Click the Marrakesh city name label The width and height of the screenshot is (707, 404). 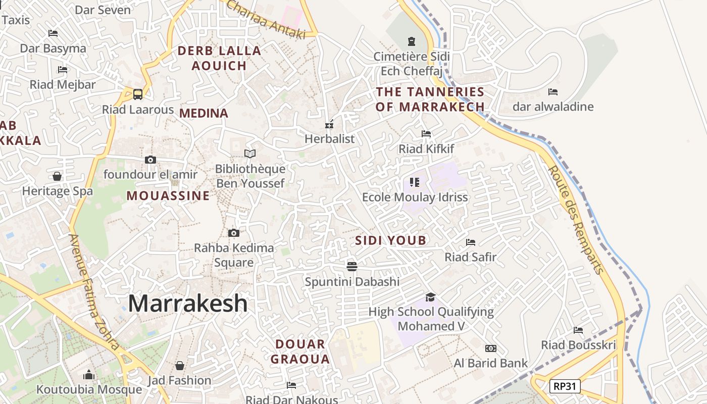(x=188, y=303)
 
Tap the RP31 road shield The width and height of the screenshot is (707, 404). (x=565, y=387)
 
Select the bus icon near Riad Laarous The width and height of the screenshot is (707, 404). (x=137, y=94)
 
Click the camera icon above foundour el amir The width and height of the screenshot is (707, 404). (x=150, y=160)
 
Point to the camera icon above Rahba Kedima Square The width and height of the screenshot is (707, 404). (x=233, y=233)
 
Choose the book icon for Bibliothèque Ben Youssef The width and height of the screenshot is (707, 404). (x=250, y=154)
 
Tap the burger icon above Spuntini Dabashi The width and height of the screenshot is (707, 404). (x=352, y=266)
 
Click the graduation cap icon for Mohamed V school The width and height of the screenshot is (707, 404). (x=430, y=297)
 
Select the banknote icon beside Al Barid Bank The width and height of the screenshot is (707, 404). (x=490, y=348)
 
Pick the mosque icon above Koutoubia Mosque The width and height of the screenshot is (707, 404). (x=89, y=375)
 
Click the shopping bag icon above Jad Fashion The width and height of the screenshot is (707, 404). (x=179, y=365)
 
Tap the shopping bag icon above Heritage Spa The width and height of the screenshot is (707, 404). (x=57, y=176)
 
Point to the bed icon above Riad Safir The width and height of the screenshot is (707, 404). (x=471, y=242)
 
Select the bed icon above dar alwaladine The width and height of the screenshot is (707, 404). (x=553, y=92)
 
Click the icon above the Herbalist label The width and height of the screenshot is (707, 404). (x=329, y=124)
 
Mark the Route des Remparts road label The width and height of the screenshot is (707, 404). (x=576, y=220)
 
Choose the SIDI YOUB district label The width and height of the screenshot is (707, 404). (x=391, y=240)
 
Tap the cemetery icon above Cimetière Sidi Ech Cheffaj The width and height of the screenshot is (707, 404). (x=412, y=41)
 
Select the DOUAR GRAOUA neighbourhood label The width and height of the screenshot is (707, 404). (x=300, y=351)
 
